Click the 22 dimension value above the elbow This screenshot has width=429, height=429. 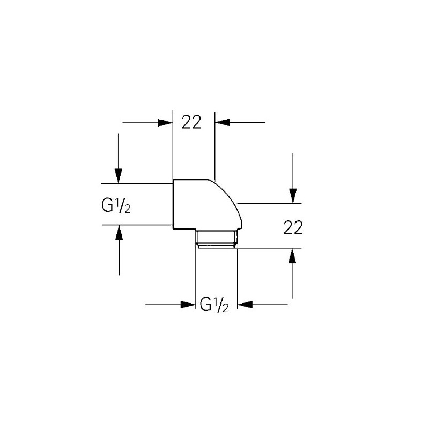[x=191, y=123]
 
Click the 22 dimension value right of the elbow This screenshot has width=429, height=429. [x=293, y=228]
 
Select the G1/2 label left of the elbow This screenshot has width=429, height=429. [x=116, y=205]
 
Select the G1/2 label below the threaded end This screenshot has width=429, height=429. [x=214, y=306]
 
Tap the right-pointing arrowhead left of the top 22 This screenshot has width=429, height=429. [x=165, y=123]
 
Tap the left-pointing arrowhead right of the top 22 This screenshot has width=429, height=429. [x=222, y=123]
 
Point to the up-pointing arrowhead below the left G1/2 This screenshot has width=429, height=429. [x=119, y=232]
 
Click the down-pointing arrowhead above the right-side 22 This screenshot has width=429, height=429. [x=293, y=196]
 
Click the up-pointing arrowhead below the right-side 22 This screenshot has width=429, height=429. [x=293, y=256]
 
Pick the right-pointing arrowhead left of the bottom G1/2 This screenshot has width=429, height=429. [x=188, y=305]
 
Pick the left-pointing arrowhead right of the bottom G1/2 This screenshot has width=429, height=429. [x=244, y=305]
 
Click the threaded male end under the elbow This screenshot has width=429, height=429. [x=216, y=239]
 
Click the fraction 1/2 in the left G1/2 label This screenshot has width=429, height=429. [x=123, y=205]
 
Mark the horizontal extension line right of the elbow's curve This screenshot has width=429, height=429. [x=268, y=203]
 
